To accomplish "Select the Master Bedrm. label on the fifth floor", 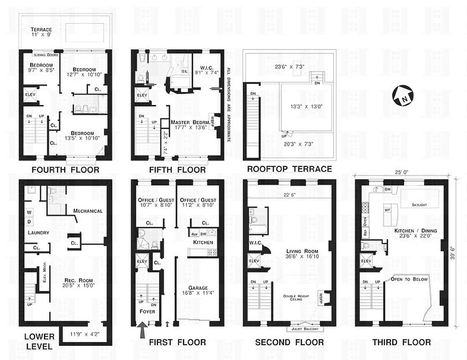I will (x=191, y=122).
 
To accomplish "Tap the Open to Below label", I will (x=409, y=279).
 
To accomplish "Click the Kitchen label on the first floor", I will (x=203, y=243).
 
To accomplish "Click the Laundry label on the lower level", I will (x=38, y=233).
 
